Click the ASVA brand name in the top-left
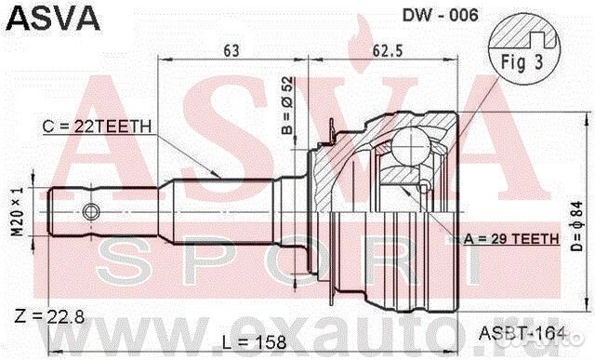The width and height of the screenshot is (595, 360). pyautogui.click(x=53, y=18)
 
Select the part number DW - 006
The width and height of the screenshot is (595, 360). pyautogui.click(x=440, y=15)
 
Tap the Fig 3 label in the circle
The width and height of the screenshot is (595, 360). pyautogui.click(x=522, y=62)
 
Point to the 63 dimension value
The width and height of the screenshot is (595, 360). pyautogui.click(x=231, y=50)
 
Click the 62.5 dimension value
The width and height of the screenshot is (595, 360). pyautogui.click(x=388, y=50)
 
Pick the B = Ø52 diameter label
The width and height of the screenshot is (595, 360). pyautogui.click(x=287, y=105)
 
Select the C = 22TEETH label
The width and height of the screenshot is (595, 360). pyautogui.click(x=97, y=127)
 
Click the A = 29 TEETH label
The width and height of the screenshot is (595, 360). pyautogui.click(x=511, y=238)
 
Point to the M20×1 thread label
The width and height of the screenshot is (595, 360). pyautogui.click(x=17, y=211)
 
